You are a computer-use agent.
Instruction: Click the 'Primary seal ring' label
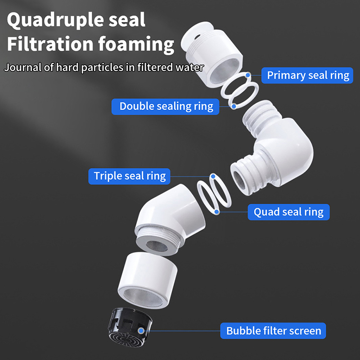coord(308,75)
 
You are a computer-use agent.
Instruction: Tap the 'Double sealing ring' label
coord(166,106)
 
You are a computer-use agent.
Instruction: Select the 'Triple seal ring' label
coord(130,175)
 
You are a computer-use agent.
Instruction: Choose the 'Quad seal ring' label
coord(288,211)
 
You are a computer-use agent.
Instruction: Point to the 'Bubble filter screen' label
coord(274,331)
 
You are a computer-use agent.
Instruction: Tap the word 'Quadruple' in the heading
coord(54,20)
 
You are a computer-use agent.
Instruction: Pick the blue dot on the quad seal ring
coord(217,211)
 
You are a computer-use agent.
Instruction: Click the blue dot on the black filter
coord(142,331)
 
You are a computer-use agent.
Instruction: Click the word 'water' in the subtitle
coord(191,68)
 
